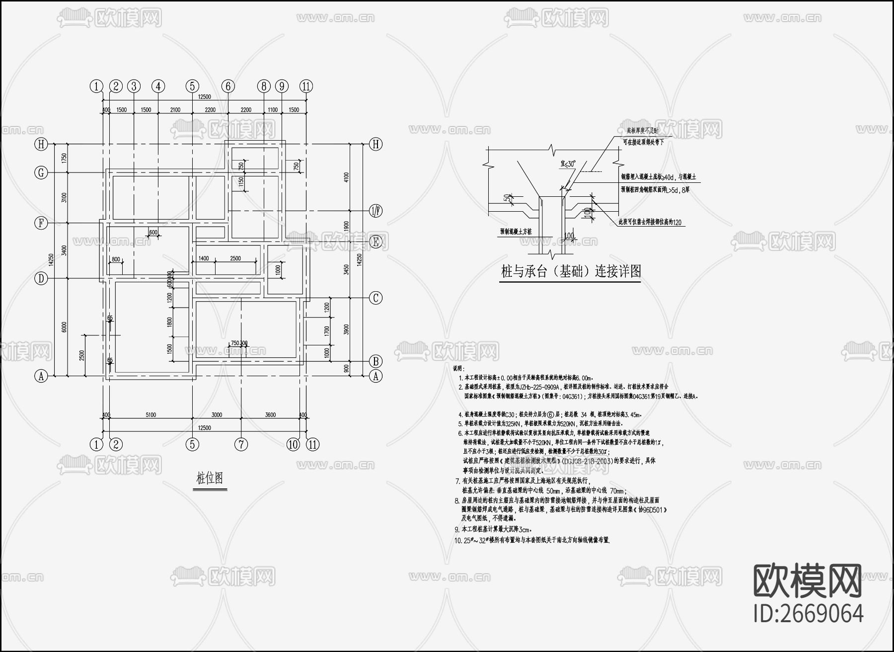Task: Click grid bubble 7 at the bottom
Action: click(x=241, y=444)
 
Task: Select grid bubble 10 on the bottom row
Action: click(x=294, y=444)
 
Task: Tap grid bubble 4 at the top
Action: click(x=158, y=86)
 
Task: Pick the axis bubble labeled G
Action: click(x=41, y=172)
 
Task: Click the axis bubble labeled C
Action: click(x=376, y=298)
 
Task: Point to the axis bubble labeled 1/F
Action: click(x=376, y=211)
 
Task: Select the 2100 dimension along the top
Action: click(x=175, y=110)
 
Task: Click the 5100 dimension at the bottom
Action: click(x=150, y=415)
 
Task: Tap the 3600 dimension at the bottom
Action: click(x=270, y=415)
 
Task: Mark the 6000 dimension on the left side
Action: click(x=64, y=327)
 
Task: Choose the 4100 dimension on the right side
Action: click(x=346, y=177)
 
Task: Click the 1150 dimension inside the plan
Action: click(x=241, y=183)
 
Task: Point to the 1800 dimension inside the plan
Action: click(x=170, y=322)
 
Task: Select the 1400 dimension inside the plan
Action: click(x=204, y=258)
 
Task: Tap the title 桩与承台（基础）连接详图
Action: click(x=571, y=271)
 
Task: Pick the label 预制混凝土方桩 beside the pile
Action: click(x=516, y=232)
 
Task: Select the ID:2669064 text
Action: click(x=808, y=613)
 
